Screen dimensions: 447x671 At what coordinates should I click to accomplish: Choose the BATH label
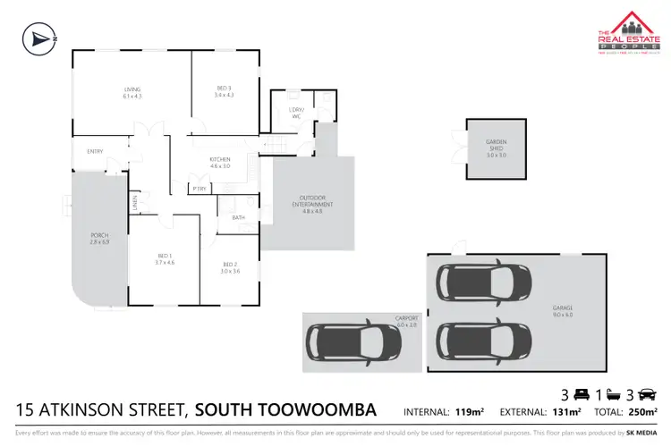coord(238,217)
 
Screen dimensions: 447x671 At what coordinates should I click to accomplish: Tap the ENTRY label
coord(95,151)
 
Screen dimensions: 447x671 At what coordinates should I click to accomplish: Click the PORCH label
coord(98,239)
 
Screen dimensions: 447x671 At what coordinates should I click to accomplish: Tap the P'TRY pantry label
coord(200,189)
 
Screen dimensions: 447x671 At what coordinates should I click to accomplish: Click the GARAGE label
coord(562,308)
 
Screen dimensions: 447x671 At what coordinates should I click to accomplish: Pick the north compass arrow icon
coord(38,38)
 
